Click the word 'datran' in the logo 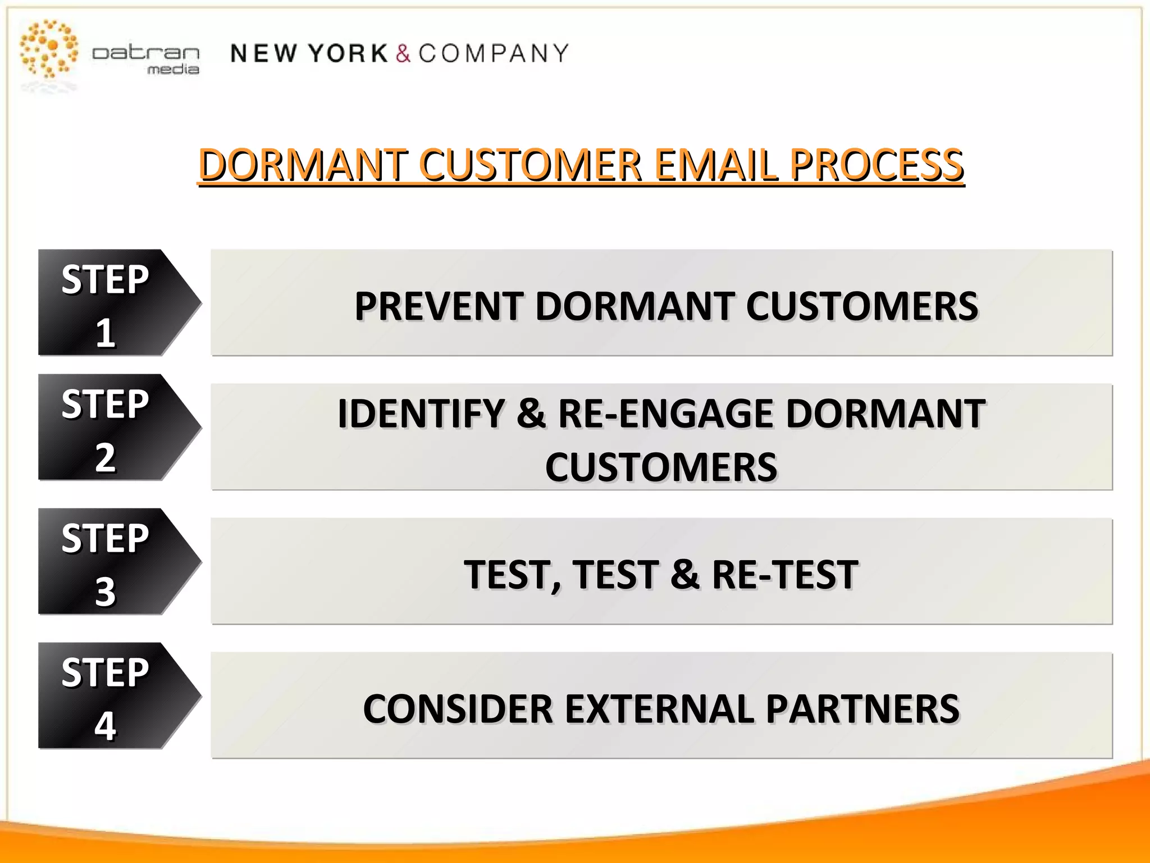(145, 53)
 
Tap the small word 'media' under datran (173, 70)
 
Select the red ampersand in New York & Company (403, 54)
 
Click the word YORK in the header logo (348, 54)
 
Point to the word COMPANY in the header (494, 54)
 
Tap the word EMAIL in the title (716, 165)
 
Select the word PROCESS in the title (877, 165)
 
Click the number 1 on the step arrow (106, 333)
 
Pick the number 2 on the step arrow (106, 457)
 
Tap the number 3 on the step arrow (106, 592)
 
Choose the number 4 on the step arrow (106, 725)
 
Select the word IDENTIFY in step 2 (421, 414)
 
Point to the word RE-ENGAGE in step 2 (666, 414)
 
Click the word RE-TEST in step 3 (785, 575)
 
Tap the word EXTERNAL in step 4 (659, 709)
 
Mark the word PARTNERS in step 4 (862, 709)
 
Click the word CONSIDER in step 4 (458, 709)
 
